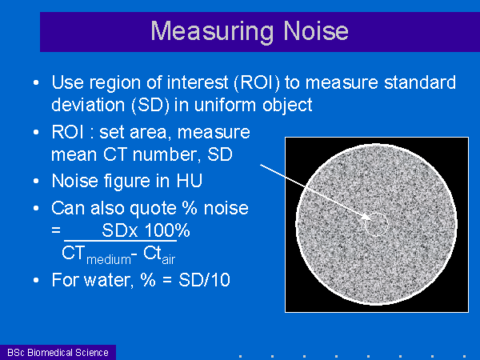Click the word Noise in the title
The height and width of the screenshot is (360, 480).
coord(316,31)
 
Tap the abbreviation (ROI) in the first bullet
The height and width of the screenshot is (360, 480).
coord(257,82)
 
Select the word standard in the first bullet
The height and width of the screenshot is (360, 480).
coord(420,82)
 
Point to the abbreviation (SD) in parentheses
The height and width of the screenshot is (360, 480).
coord(150,105)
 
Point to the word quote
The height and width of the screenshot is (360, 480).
coord(153,209)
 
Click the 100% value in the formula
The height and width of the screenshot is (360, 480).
coord(167,230)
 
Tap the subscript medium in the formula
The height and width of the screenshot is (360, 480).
coord(109,260)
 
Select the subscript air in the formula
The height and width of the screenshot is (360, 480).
coord(168,259)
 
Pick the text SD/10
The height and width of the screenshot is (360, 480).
coord(204,280)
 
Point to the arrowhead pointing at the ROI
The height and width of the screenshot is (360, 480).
coord(366,217)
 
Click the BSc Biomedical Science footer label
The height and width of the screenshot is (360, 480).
coord(58,353)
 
